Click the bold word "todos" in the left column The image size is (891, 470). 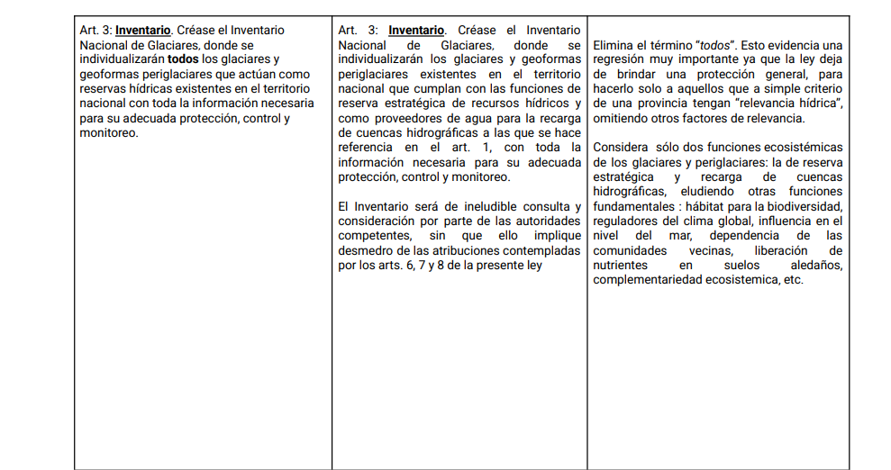(x=184, y=59)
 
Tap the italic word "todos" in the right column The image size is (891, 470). (x=716, y=45)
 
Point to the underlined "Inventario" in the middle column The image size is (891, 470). (x=416, y=31)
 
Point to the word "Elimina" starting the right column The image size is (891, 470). (x=615, y=45)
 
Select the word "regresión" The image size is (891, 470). (x=620, y=59)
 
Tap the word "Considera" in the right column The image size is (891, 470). (x=623, y=147)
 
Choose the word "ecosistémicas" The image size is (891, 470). (x=804, y=147)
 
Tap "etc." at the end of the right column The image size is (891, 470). (x=792, y=280)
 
